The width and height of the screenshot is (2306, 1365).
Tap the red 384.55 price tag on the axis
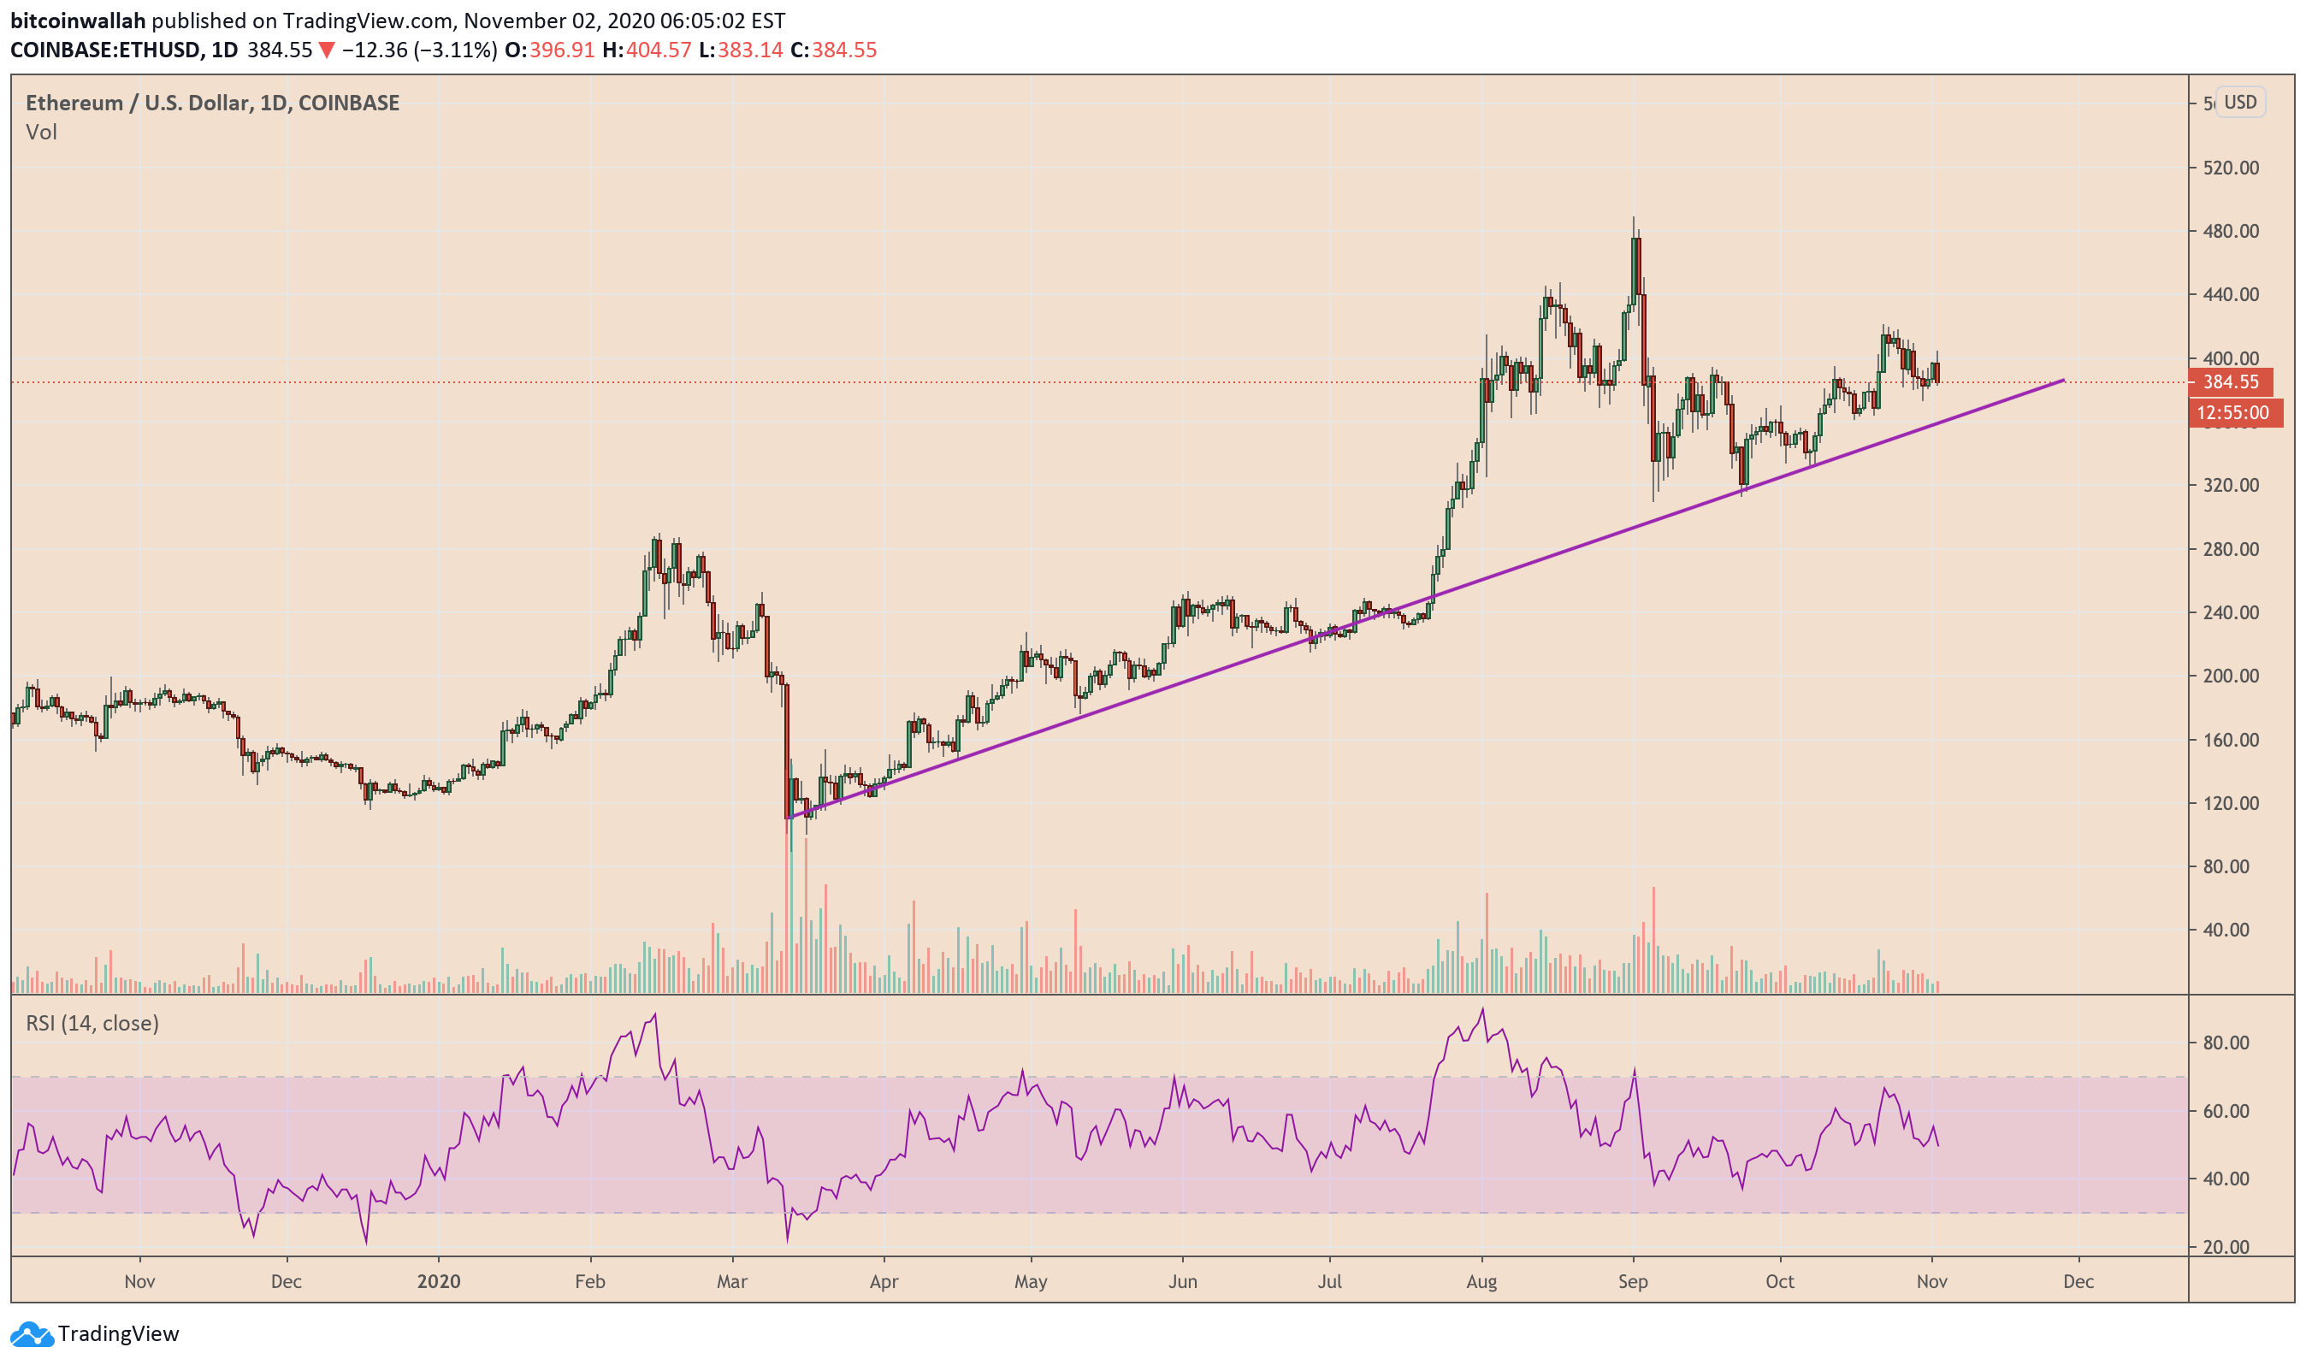[2230, 381]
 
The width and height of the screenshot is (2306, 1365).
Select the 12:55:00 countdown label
[2232, 413]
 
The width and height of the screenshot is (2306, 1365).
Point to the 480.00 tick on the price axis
[2231, 231]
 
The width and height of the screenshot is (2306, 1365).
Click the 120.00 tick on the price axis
[2231, 803]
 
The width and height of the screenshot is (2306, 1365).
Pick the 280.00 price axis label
[2231, 549]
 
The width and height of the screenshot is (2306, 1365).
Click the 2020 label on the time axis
[438, 1281]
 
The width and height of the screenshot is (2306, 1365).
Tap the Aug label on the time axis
[1481, 1281]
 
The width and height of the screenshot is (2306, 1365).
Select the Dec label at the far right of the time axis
[2078, 1281]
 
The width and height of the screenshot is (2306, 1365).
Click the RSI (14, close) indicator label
[92, 1023]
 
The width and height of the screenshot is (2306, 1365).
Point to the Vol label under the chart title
[41, 133]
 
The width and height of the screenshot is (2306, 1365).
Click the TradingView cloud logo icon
[32, 1333]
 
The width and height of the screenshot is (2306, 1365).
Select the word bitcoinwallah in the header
[77, 21]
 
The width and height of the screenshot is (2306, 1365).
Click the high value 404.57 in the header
[658, 50]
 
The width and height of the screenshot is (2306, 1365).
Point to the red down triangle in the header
[327, 50]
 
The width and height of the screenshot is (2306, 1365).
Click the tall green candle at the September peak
[1635, 267]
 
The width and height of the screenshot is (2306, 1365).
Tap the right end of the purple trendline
[2063, 380]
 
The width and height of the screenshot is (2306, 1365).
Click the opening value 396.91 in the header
[561, 50]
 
